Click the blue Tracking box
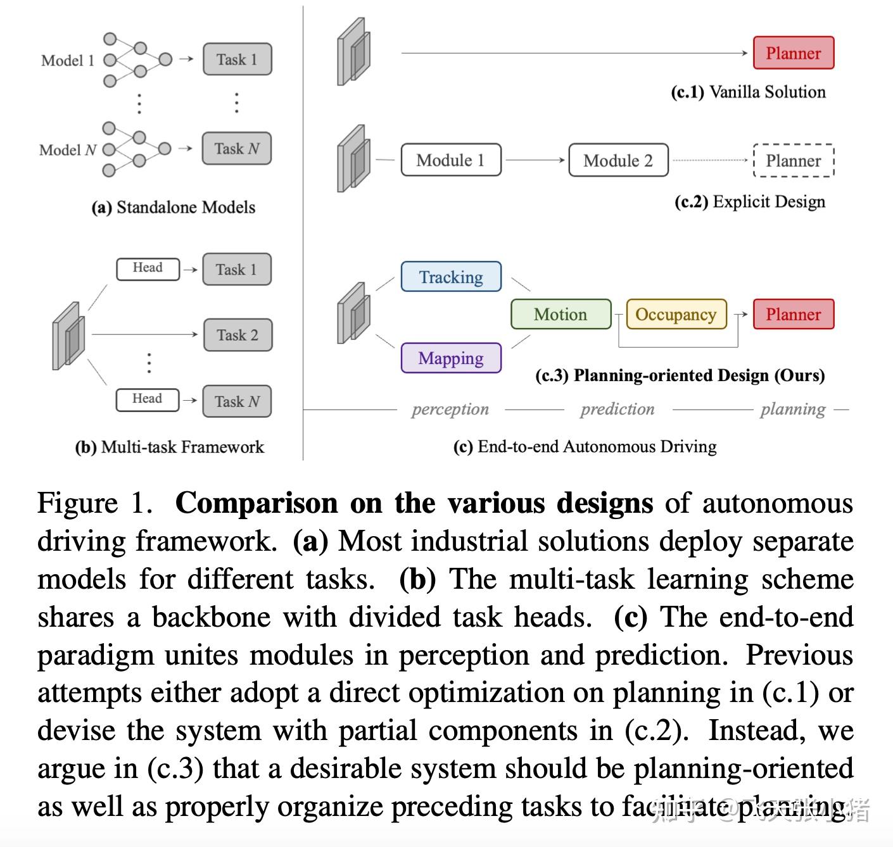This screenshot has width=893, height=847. (x=451, y=277)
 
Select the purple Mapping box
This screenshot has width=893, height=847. (x=451, y=358)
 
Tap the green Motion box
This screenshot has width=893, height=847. (x=560, y=314)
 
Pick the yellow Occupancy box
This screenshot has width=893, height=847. (x=676, y=314)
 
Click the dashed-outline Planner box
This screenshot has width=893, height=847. (x=793, y=161)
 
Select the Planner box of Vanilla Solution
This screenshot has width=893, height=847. (x=793, y=53)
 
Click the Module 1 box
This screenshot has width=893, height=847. (x=450, y=160)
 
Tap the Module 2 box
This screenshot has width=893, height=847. (x=618, y=160)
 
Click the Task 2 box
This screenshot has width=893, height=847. (x=237, y=335)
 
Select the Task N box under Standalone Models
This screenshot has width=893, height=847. (x=237, y=149)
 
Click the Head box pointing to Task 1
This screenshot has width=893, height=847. (x=148, y=268)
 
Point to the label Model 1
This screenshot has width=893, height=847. (x=68, y=60)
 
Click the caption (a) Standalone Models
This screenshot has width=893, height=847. (x=174, y=207)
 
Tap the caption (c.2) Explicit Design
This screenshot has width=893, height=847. (x=750, y=201)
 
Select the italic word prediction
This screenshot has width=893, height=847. (x=617, y=409)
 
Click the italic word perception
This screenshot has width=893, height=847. (x=450, y=409)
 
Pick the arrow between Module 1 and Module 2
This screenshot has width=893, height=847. (x=535, y=160)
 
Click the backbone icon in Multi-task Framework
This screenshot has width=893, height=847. (x=68, y=336)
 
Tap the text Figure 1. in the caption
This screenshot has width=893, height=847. (x=95, y=504)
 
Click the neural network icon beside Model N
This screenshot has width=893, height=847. (x=136, y=149)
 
